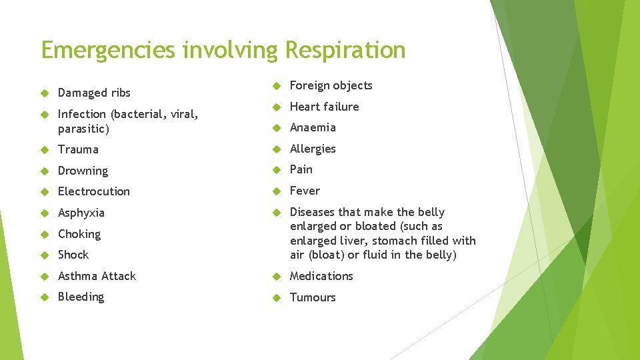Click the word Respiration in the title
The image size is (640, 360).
click(345, 51)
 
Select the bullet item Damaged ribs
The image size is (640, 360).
click(94, 93)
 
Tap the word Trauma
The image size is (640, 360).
click(78, 149)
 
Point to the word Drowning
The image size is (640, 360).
click(83, 171)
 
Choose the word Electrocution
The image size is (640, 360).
click(94, 191)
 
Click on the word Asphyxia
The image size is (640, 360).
click(81, 213)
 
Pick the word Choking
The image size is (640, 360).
click(79, 234)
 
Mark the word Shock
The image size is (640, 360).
click(73, 255)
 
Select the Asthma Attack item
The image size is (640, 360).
click(97, 276)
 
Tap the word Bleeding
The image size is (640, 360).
click(81, 297)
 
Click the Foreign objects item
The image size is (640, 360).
click(331, 85)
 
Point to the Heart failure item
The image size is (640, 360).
click(324, 107)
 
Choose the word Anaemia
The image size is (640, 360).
click(313, 127)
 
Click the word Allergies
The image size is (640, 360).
click(313, 149)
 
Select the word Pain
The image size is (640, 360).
click(301, 169)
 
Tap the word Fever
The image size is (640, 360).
click(305, 191)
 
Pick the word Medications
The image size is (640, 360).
click(321, 276)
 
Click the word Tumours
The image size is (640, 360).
click(313, 297)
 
